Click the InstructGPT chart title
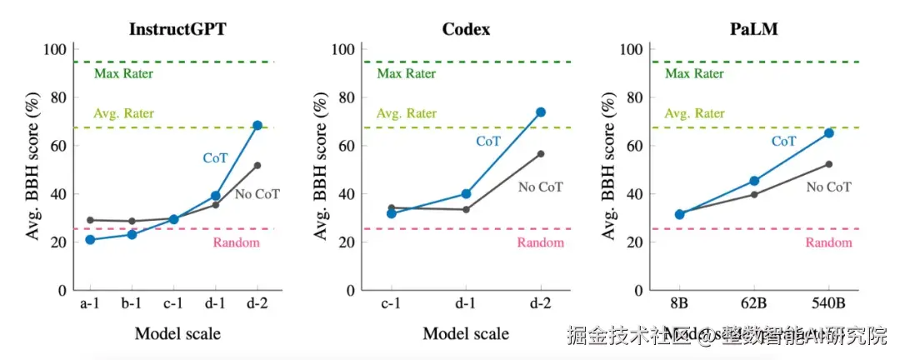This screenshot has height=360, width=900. pos(177,29)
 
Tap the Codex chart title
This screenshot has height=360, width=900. pos(466,29)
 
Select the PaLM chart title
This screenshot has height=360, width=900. pos(755,29)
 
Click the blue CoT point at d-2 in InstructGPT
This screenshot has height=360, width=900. pos(257,125)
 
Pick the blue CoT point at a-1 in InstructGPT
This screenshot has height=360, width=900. pos(90,240)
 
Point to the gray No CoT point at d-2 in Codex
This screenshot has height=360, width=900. pos(541,154)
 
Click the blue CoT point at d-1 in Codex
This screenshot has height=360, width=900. pos(466,194)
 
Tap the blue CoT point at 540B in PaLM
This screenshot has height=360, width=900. pos(829,132)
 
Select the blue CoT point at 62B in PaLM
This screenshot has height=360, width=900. pos(754,181)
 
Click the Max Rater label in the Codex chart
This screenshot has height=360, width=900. pos(406,74)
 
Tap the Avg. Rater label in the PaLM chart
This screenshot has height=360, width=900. pos(694,114)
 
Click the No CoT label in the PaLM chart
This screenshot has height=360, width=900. pos(828,187)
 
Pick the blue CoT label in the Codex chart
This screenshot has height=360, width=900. pos(488,142)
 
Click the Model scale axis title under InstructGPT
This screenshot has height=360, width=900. pos(177,334)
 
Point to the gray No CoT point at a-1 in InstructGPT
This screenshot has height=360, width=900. pos(90,220)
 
